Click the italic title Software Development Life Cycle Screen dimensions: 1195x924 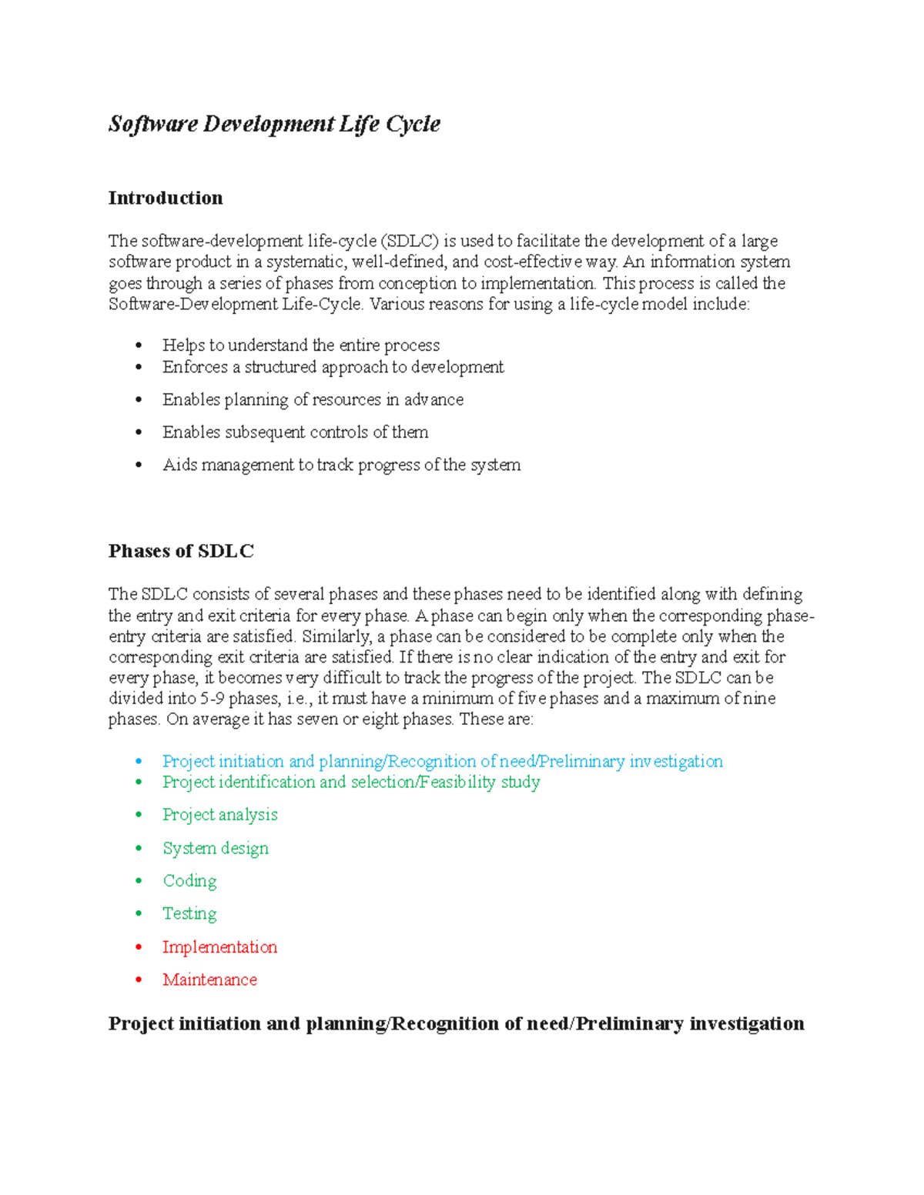[x=274, y=124]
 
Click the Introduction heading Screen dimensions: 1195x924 [x=166, y=198]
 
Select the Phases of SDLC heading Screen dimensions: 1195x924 [x=181, y=551]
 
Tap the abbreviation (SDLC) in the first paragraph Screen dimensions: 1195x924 [x=409, y=241]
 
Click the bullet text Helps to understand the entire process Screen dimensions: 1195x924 [x=301, y=345]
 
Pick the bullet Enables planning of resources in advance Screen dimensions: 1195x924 [x=313, y=399]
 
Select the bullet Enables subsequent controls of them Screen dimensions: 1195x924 [x=295, y=432]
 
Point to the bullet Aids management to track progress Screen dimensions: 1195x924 [x=341, y=465]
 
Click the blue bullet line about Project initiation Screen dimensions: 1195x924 [x=442, y=761]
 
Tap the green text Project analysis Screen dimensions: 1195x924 [x=219, y=815]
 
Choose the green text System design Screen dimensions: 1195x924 [x=216, y=848]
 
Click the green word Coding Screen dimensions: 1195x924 [x=189, y=881]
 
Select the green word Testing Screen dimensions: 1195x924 [x=189, y=913]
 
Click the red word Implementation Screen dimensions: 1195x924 [x=219, y=947]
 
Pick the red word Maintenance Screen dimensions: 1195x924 [x=209, y=980]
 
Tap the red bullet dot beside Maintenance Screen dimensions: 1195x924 [x=139, y=980]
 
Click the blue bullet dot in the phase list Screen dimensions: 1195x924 [x=139, y=761]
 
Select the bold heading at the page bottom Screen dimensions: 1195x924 [x=456, y=1023]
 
